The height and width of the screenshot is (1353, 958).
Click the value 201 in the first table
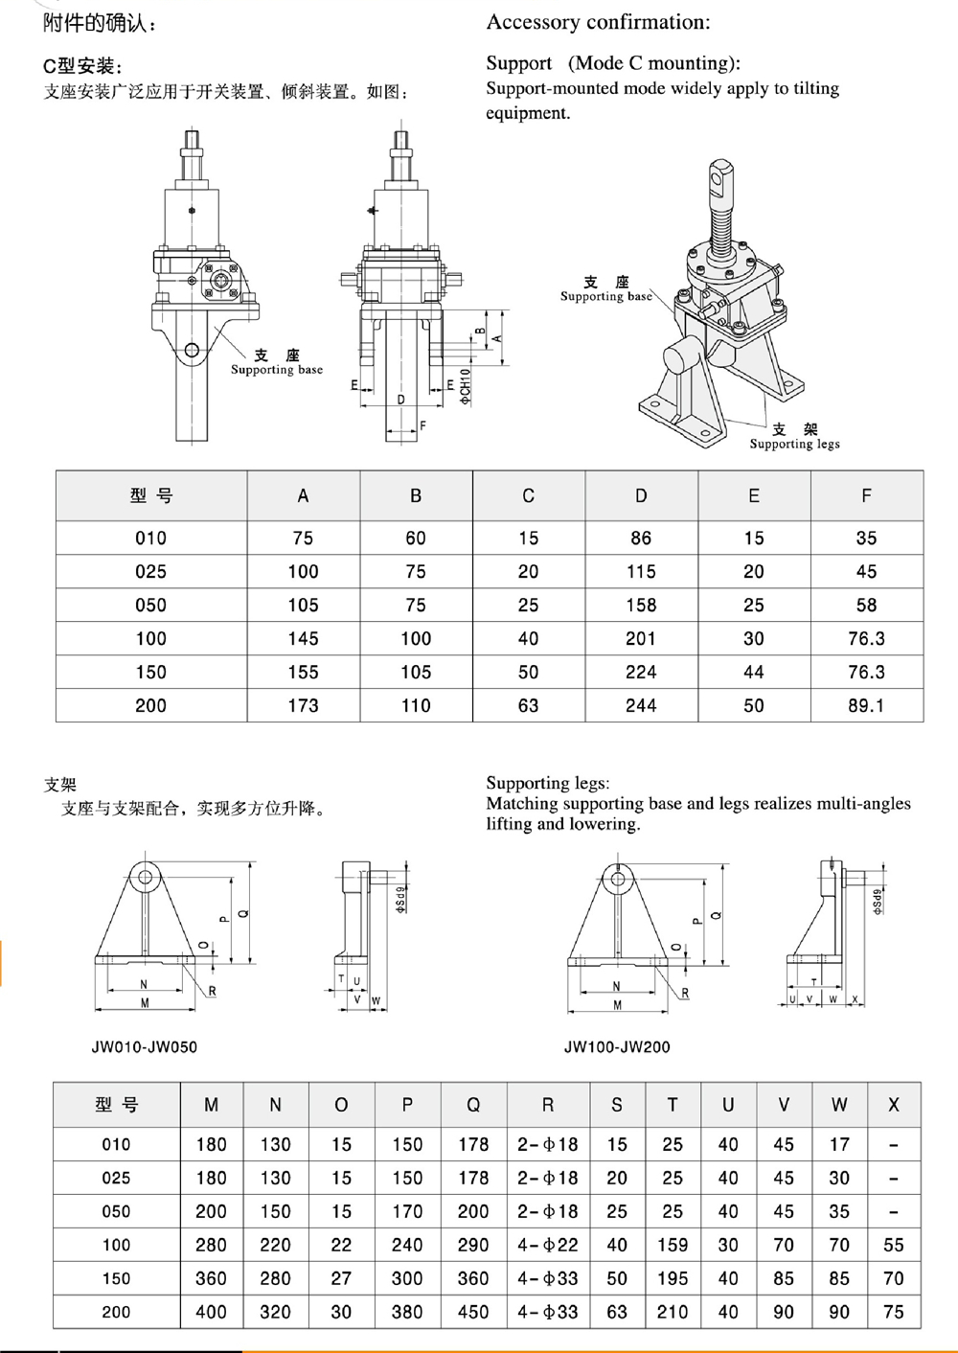pos(641,638)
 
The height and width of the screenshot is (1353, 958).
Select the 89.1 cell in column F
pos(866,705)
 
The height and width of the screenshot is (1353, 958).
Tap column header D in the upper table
pos(641,495)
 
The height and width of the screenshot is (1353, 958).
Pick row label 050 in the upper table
pos(150,605)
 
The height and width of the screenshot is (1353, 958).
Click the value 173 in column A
pos(303,705)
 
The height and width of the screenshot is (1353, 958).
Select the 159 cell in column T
pos(673,1245)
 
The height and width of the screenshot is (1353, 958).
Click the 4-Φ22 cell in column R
pos(547,1245)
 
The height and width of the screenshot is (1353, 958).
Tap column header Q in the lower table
pos(473,1105)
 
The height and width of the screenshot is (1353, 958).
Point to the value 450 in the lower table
pos(473,1312)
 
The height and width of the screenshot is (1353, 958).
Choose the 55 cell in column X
pos(893,1245)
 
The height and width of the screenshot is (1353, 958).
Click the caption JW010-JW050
pos(145,1047)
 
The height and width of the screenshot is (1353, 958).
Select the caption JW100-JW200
pos(617,1047)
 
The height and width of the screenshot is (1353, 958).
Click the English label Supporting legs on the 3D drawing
pos(794,444)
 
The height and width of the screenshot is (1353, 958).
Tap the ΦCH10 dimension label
pos(466,385)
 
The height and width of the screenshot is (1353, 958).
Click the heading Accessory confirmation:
pos(599,21)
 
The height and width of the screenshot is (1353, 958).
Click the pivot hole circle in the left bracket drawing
pos(146,875)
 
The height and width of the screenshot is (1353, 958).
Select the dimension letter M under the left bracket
pos(145,1003)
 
